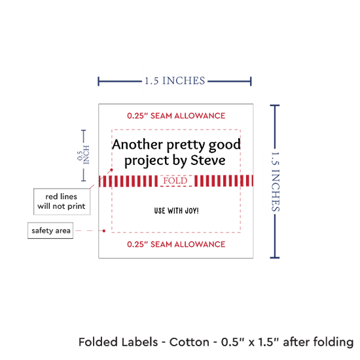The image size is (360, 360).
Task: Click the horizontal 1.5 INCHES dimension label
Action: [175, 81]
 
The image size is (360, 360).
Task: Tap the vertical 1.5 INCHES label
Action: [276, 181]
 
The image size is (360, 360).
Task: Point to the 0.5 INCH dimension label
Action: [83, 155]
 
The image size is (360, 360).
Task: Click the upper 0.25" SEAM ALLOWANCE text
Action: [176, 116]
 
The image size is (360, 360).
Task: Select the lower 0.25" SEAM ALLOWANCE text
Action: [176, 244]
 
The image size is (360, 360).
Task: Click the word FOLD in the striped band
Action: [175, 181]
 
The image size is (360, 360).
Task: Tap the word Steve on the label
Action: [207, 160]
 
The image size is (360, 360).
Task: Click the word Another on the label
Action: [137, 145]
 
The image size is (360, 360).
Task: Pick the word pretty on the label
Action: [185, 145]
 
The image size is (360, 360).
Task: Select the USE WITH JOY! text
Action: [176, 211]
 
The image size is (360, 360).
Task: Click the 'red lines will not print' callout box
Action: [62, 202]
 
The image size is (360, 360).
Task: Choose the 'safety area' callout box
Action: [50, 230]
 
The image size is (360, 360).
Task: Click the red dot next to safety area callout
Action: [104, 231]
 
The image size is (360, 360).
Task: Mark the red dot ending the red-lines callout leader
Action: [111, 170]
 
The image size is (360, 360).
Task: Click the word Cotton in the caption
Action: [189, 342]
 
